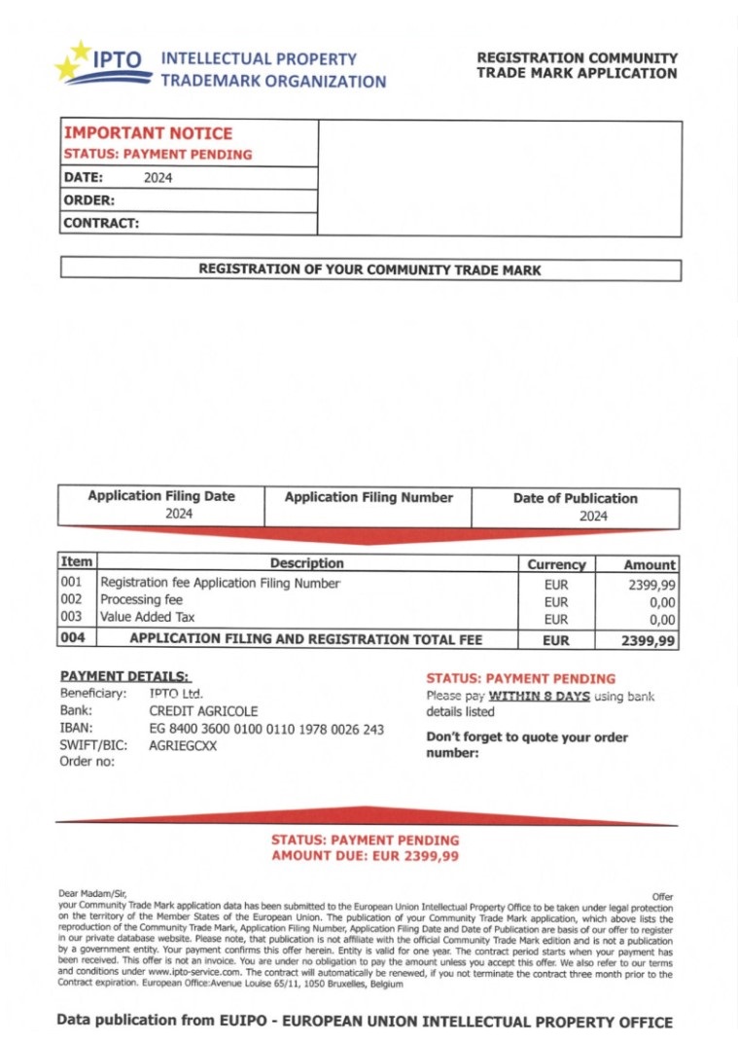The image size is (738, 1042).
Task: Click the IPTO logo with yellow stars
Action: (x=103, y=64)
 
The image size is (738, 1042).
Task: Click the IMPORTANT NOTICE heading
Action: (x=148, y=133)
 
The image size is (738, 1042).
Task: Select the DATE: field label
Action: (x=84, y=178)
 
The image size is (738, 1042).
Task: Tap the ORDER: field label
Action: (x=89, y=200)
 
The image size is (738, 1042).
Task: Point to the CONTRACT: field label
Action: (x=101, y=223)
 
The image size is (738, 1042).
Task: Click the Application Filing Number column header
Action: (x=369, y=497)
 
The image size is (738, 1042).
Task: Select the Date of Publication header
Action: (x=575, y=498)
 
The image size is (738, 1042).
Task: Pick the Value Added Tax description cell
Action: (x=148, y=617)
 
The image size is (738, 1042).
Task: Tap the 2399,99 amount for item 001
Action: (x=652, y=585)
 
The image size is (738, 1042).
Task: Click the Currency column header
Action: (x=556, y=564)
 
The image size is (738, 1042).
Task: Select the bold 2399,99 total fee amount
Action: (x=649, y=640)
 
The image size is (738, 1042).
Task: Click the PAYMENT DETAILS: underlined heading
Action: (x=125, y=676)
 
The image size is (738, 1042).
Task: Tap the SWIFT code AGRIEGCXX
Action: (x=183, y=746)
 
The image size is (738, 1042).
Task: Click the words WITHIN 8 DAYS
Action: (x=539, y=696)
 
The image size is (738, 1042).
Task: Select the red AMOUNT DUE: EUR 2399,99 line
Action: (x=365, y=856)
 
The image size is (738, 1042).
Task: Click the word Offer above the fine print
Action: (x=661, y=896)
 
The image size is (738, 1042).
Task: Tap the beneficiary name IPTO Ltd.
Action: (x=176, y=694)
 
